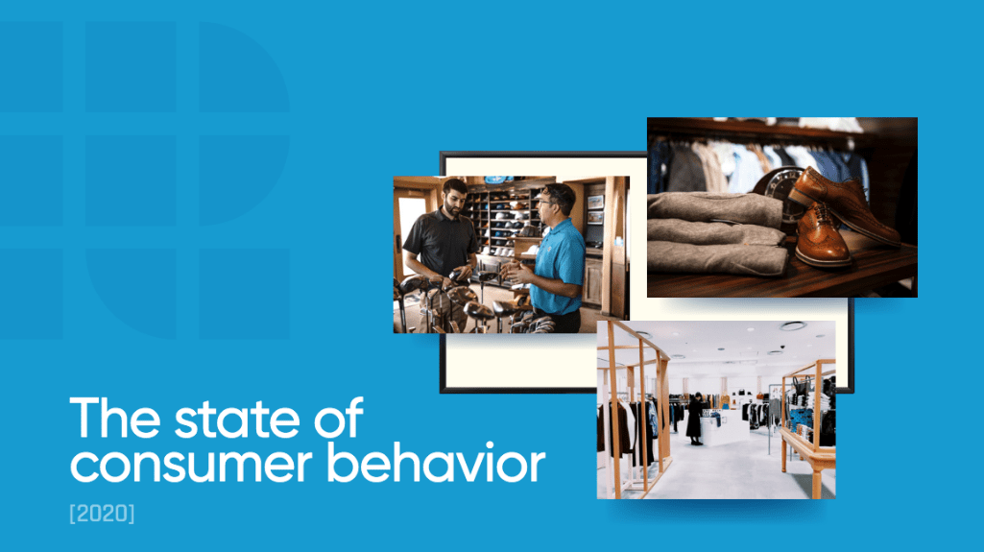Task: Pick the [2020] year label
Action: coord(102,514)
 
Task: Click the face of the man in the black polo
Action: coord(455,200)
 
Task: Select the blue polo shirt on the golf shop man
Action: coord(557,265)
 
